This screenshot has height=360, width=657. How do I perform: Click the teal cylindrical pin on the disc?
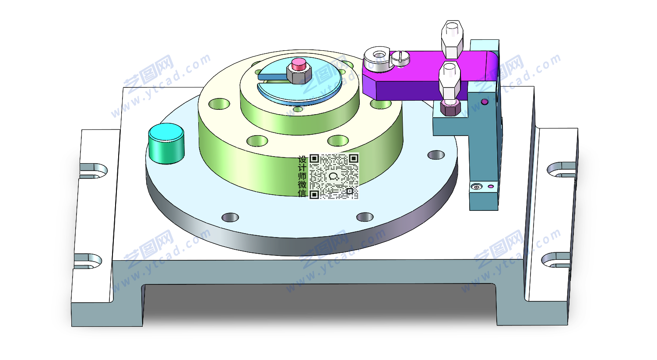click(x=166, y=143)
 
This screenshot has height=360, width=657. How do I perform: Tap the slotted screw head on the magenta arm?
click(x=401, y=58)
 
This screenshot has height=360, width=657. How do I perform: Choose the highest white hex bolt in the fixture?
click(x=452, y=39)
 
